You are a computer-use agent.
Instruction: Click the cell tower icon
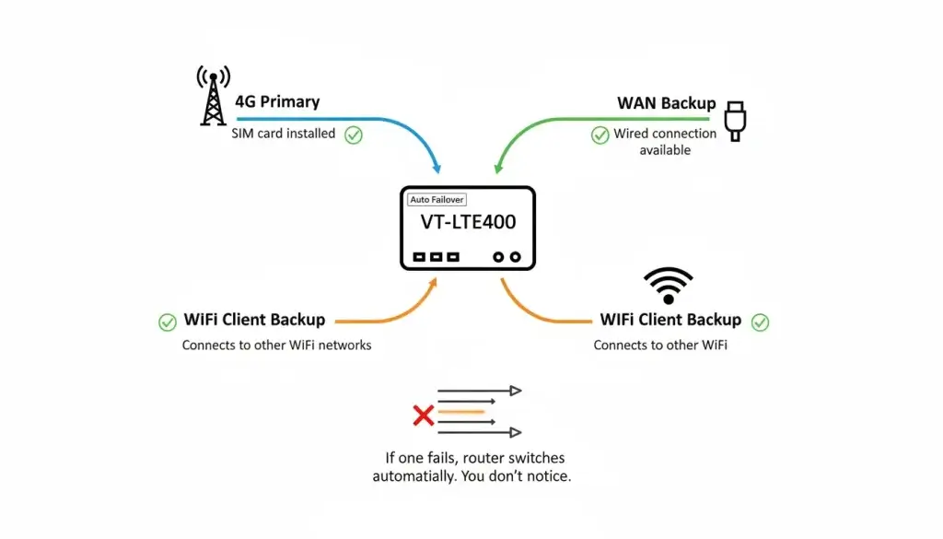tap(213, 96)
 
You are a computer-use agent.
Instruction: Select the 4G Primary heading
tap(277, 101)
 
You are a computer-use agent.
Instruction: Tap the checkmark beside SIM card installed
tap(353, 135)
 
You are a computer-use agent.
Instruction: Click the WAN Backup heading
tap(666, 103)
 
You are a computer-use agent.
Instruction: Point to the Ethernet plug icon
tap(735, 121)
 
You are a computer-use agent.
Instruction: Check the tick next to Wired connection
tap(600, 135)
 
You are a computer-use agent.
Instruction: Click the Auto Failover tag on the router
tap(437, 199)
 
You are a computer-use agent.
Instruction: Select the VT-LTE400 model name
tap(468, 223)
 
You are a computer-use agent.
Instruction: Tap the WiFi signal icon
tap(668, 286)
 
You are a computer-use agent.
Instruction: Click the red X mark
tap(423, 416)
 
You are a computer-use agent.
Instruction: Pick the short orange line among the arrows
tap(460, 411)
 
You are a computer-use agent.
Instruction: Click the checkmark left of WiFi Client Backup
tap(168, 322)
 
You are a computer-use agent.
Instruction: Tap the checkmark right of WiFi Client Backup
tap(760, 322)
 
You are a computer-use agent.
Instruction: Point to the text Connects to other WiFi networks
tap(276, 346)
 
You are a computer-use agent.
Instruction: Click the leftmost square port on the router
tap(419, 257)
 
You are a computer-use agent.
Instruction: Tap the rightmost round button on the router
tap(517, 257)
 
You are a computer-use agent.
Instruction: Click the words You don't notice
tap(529, 476)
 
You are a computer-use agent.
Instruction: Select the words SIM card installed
tap(284, 134)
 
